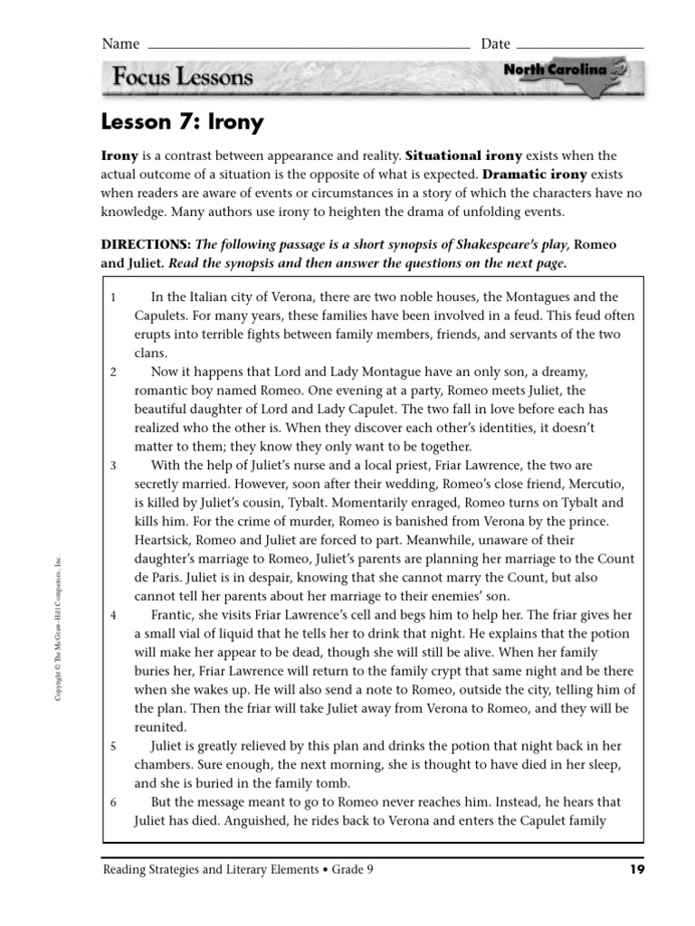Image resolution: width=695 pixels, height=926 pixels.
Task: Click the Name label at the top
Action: click(x=120, y=43)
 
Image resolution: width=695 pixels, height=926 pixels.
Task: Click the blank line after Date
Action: click(x=580, y=44)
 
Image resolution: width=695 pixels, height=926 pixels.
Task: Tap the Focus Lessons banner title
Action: click(x=183, y=77)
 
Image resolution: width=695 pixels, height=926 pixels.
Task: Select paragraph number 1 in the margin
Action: click(x=113, y=297)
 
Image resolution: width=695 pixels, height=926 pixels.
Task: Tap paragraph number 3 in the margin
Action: click(x=113, y=466)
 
